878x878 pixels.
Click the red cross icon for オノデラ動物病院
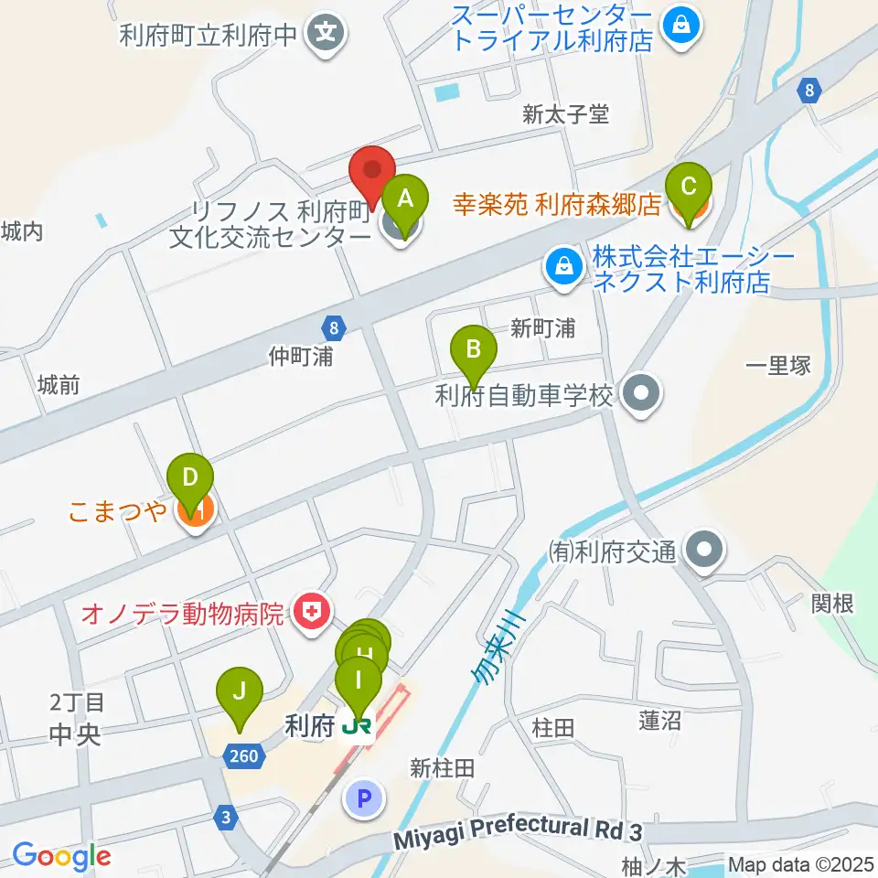(x=312, y=610)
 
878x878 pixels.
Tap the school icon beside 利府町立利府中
(x=327, y=36)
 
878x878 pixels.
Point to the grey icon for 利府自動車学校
(x=640, y=395)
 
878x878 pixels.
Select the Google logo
(x=61, y=855)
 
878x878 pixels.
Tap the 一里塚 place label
(x=777, y=366)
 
